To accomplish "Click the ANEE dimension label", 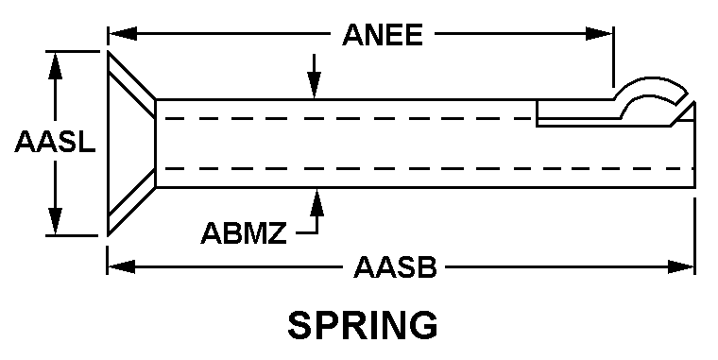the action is click(x=383, y=35).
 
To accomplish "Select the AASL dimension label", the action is click(x=56, y=142).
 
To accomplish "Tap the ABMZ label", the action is click(x=244, y=232).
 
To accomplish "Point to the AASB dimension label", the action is click(x=395, y=267).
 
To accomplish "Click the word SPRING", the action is click(x=363, y=325).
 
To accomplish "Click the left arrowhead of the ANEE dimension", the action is click(x=122, y=34).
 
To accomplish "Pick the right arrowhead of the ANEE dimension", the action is click(x=599, y=34).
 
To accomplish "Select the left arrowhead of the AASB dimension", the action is click(x=121, y=267).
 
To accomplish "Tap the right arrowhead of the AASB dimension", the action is click(x=681, y=267).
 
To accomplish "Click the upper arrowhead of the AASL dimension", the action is click(x=55, y=65).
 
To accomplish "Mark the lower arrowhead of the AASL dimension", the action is click(x=55, y=222).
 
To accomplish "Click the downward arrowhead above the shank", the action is click(x=314, y=85).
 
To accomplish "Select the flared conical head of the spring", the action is click(x=132, y=144).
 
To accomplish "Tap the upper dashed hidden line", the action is click(x=350, y=119).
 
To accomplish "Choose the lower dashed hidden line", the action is click(x=430, y=168).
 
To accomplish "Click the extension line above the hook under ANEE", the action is click(x=613, y=57).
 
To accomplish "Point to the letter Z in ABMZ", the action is click(x=278, y=232).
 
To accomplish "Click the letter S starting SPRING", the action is click(x=299, y=325).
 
